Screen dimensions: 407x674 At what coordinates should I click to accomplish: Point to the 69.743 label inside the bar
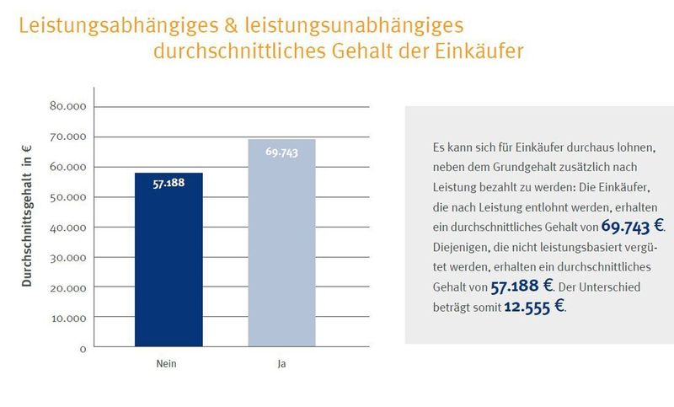(281, 152)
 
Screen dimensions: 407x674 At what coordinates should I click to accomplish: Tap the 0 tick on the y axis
(83, 348)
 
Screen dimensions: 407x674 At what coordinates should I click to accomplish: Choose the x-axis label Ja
(281, 364)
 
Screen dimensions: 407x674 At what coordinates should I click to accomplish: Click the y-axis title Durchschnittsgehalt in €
(27, 215)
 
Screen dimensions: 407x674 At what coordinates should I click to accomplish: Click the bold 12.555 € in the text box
(534, 307)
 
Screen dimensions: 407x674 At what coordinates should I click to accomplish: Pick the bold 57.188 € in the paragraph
(522, 287)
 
